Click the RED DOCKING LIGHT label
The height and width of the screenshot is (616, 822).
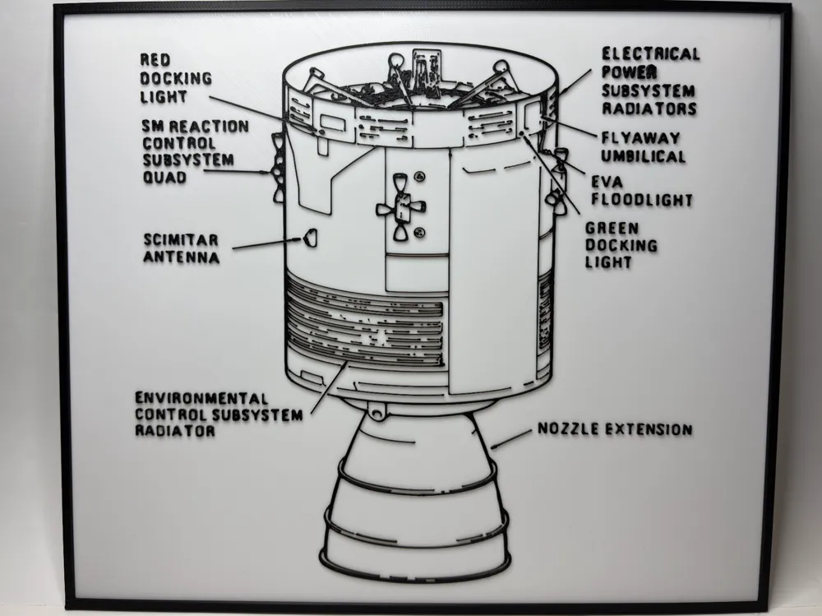[175, 79]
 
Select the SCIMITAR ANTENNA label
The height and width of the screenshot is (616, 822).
[181, 248]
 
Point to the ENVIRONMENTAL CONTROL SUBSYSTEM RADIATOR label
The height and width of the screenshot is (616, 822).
[218, 414]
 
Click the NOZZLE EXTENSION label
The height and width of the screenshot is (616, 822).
[614, 429]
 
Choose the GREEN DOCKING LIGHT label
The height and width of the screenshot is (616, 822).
[621, 245]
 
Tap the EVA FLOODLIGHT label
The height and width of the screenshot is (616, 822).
[641, 191]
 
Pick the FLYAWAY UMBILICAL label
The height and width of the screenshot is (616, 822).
[643, 147]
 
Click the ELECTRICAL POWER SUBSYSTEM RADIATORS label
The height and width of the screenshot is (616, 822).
[649, 81]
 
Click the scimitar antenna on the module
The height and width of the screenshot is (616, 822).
[309, 239]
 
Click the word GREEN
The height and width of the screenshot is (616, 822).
[612, 228]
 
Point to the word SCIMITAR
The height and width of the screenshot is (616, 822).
[181, 239]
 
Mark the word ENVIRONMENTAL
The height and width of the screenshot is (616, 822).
[201, 397]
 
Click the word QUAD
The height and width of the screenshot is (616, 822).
[164, 177]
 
